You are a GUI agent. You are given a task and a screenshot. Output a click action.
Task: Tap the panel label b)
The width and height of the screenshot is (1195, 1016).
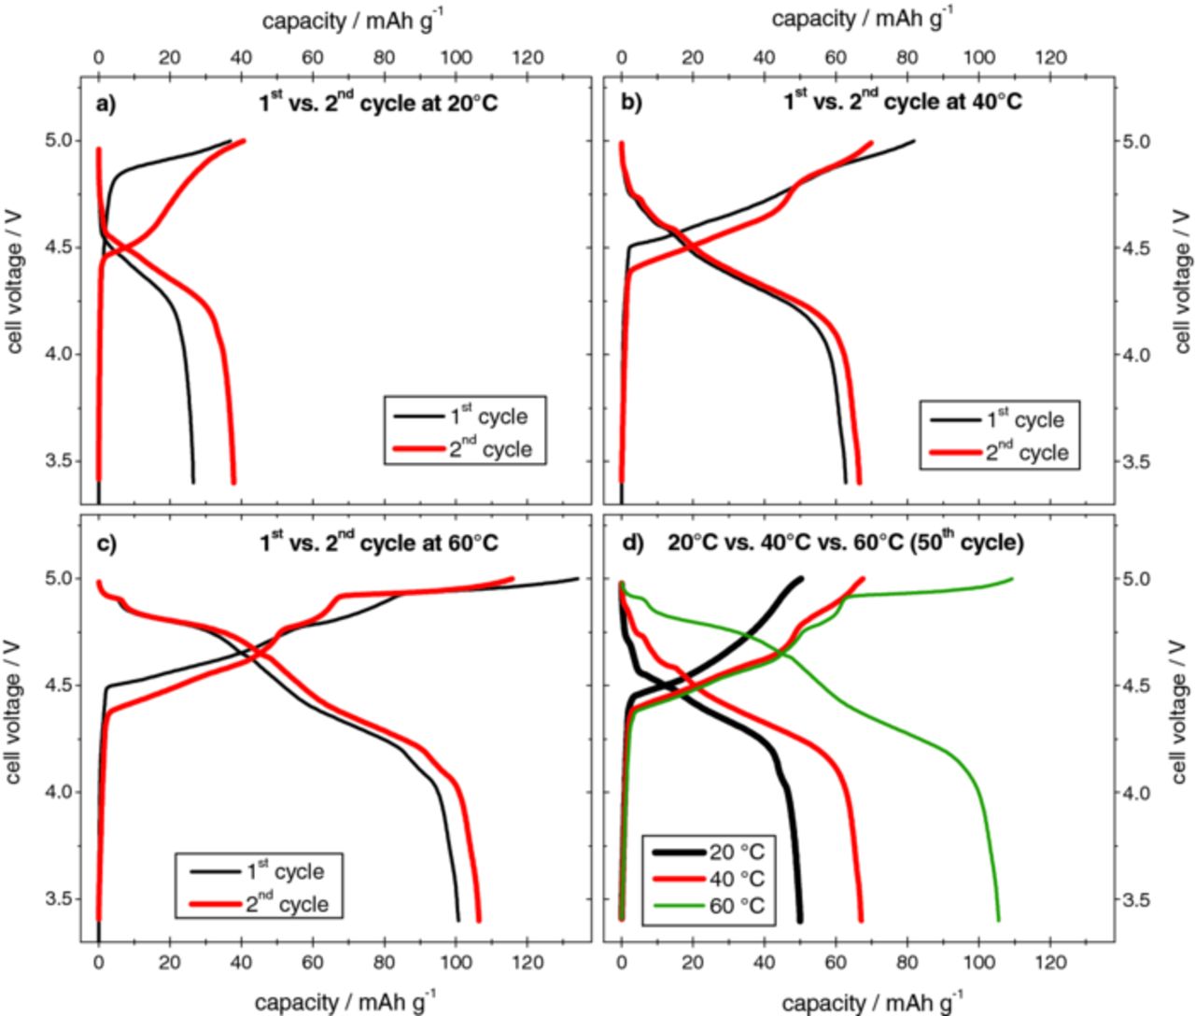point(631,103)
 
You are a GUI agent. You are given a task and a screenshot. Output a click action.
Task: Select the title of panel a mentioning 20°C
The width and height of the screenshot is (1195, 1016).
point(378,101)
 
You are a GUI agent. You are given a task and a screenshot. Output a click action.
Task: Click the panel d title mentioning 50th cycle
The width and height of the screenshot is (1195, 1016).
point(846,542)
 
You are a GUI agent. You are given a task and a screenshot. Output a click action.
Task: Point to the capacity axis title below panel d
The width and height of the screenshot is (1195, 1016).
point(869,1002)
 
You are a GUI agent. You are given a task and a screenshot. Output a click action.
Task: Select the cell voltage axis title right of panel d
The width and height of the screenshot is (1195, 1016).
point(1182,719)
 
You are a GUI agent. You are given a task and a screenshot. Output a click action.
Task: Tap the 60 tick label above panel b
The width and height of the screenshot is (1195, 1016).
point(836,59)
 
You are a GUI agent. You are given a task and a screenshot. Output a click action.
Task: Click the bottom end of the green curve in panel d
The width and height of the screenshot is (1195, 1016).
point(998,919)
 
